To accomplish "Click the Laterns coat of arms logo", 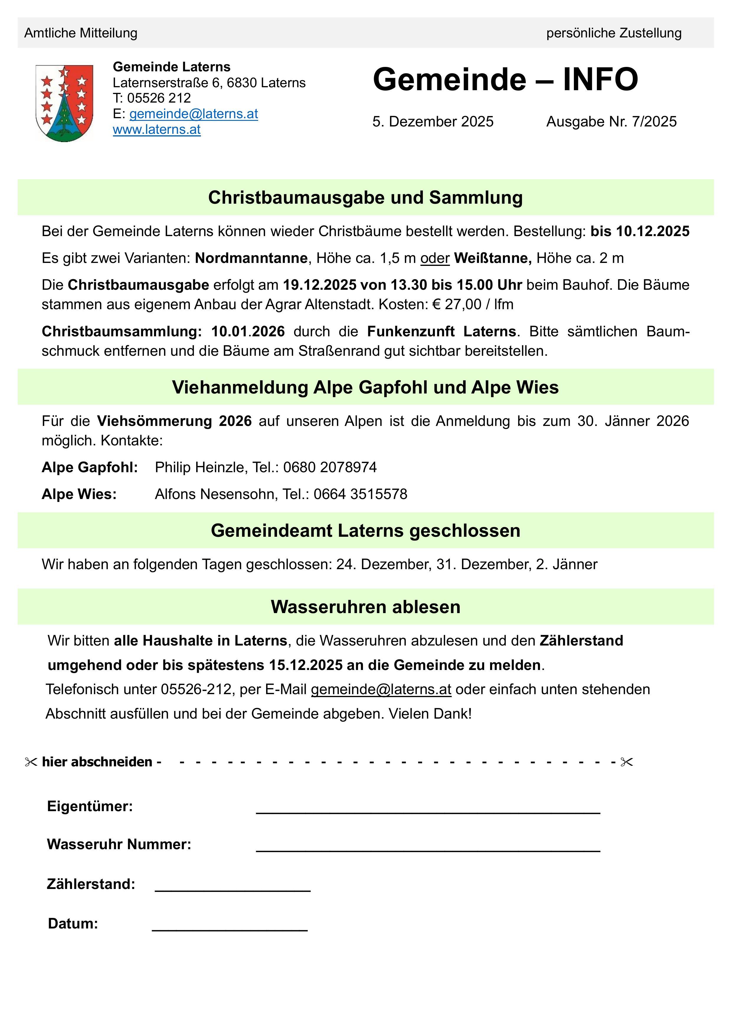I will (64, 103).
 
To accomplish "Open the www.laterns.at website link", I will (156, 130).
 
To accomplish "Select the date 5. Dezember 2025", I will (433, 122).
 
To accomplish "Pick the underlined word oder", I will (435, 258).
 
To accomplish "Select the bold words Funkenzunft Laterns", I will (441, 332).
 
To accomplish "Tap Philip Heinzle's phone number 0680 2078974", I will (330, 467).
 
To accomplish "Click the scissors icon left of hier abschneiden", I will (31, 762).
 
